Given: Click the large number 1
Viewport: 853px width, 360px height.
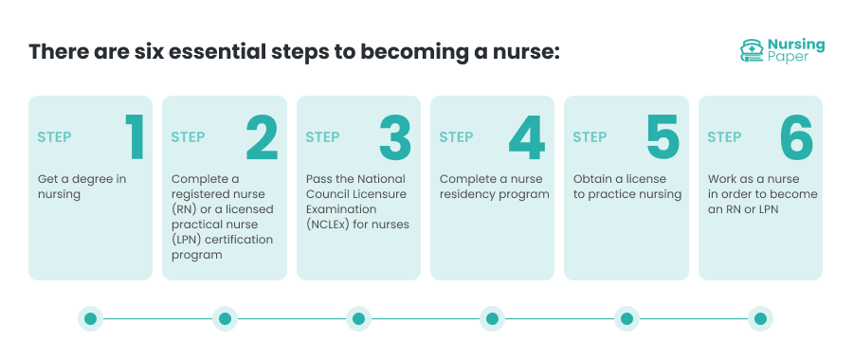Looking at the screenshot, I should pyautogui.click(x=134, y=137).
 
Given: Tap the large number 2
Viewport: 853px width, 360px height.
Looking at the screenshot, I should pyautogui.click(x=262, y=137).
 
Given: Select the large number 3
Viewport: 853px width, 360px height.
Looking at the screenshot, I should pyautogui.click(x=395, y=137).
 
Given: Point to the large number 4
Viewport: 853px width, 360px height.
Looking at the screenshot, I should pyautogui.click(x=527, y=137).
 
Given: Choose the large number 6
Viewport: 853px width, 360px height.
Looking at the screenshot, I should pyautogui.click(x=796, y=137).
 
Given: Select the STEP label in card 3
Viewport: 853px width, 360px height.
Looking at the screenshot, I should pyautogui.click(x=322, y=137).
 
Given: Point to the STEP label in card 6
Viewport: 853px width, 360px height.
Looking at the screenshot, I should pyautogui.click(x=724, y=137).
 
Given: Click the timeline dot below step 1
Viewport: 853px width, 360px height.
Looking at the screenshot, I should pyautogui.click(x=91, y=319).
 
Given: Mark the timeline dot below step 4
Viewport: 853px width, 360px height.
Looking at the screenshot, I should pyautogui.click(x=492, y=319).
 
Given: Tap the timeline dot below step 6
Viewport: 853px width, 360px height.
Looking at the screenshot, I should pyautogui.click(x=759, y=319).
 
